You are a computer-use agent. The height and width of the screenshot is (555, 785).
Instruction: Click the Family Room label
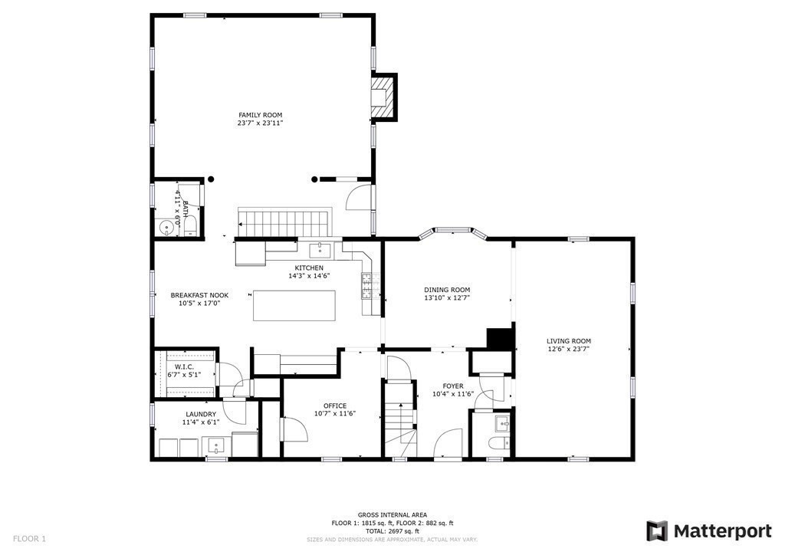tap(261, 114)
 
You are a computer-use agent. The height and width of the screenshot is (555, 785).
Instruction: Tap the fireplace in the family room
tap(383, 97)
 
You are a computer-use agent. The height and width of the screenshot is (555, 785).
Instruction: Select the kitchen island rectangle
tap(294, 304)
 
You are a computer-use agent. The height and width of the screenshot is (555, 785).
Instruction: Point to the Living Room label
tap(568, 340)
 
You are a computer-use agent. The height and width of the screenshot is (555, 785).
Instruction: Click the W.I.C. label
tap(184, 367)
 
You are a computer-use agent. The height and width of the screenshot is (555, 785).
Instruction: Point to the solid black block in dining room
tap(500, 338)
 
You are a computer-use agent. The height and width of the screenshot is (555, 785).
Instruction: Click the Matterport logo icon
tap(657, 530)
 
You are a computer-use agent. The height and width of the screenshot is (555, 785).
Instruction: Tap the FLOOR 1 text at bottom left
tap(29, 539)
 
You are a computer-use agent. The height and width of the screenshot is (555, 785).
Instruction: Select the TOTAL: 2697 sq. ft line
tap(392, 531)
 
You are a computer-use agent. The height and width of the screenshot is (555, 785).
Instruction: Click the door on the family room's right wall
tap(359, 196)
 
